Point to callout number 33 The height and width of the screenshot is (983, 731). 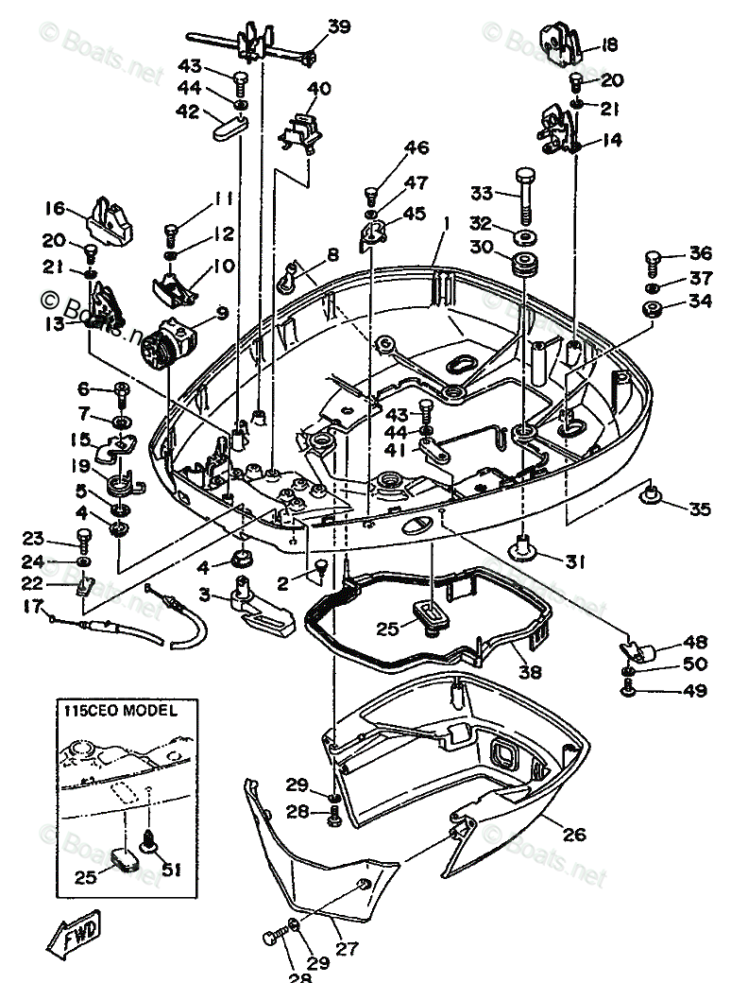[x=483, y=194]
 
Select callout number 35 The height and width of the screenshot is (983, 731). [x=699, y=510]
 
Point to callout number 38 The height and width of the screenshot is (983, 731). [x=530, y=673]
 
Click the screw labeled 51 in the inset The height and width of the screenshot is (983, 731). [x=148, y=838]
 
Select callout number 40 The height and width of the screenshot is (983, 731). [x=319, y=90]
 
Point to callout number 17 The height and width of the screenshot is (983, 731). [x=33, y=605]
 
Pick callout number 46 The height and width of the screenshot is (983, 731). [x=416, y=147]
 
